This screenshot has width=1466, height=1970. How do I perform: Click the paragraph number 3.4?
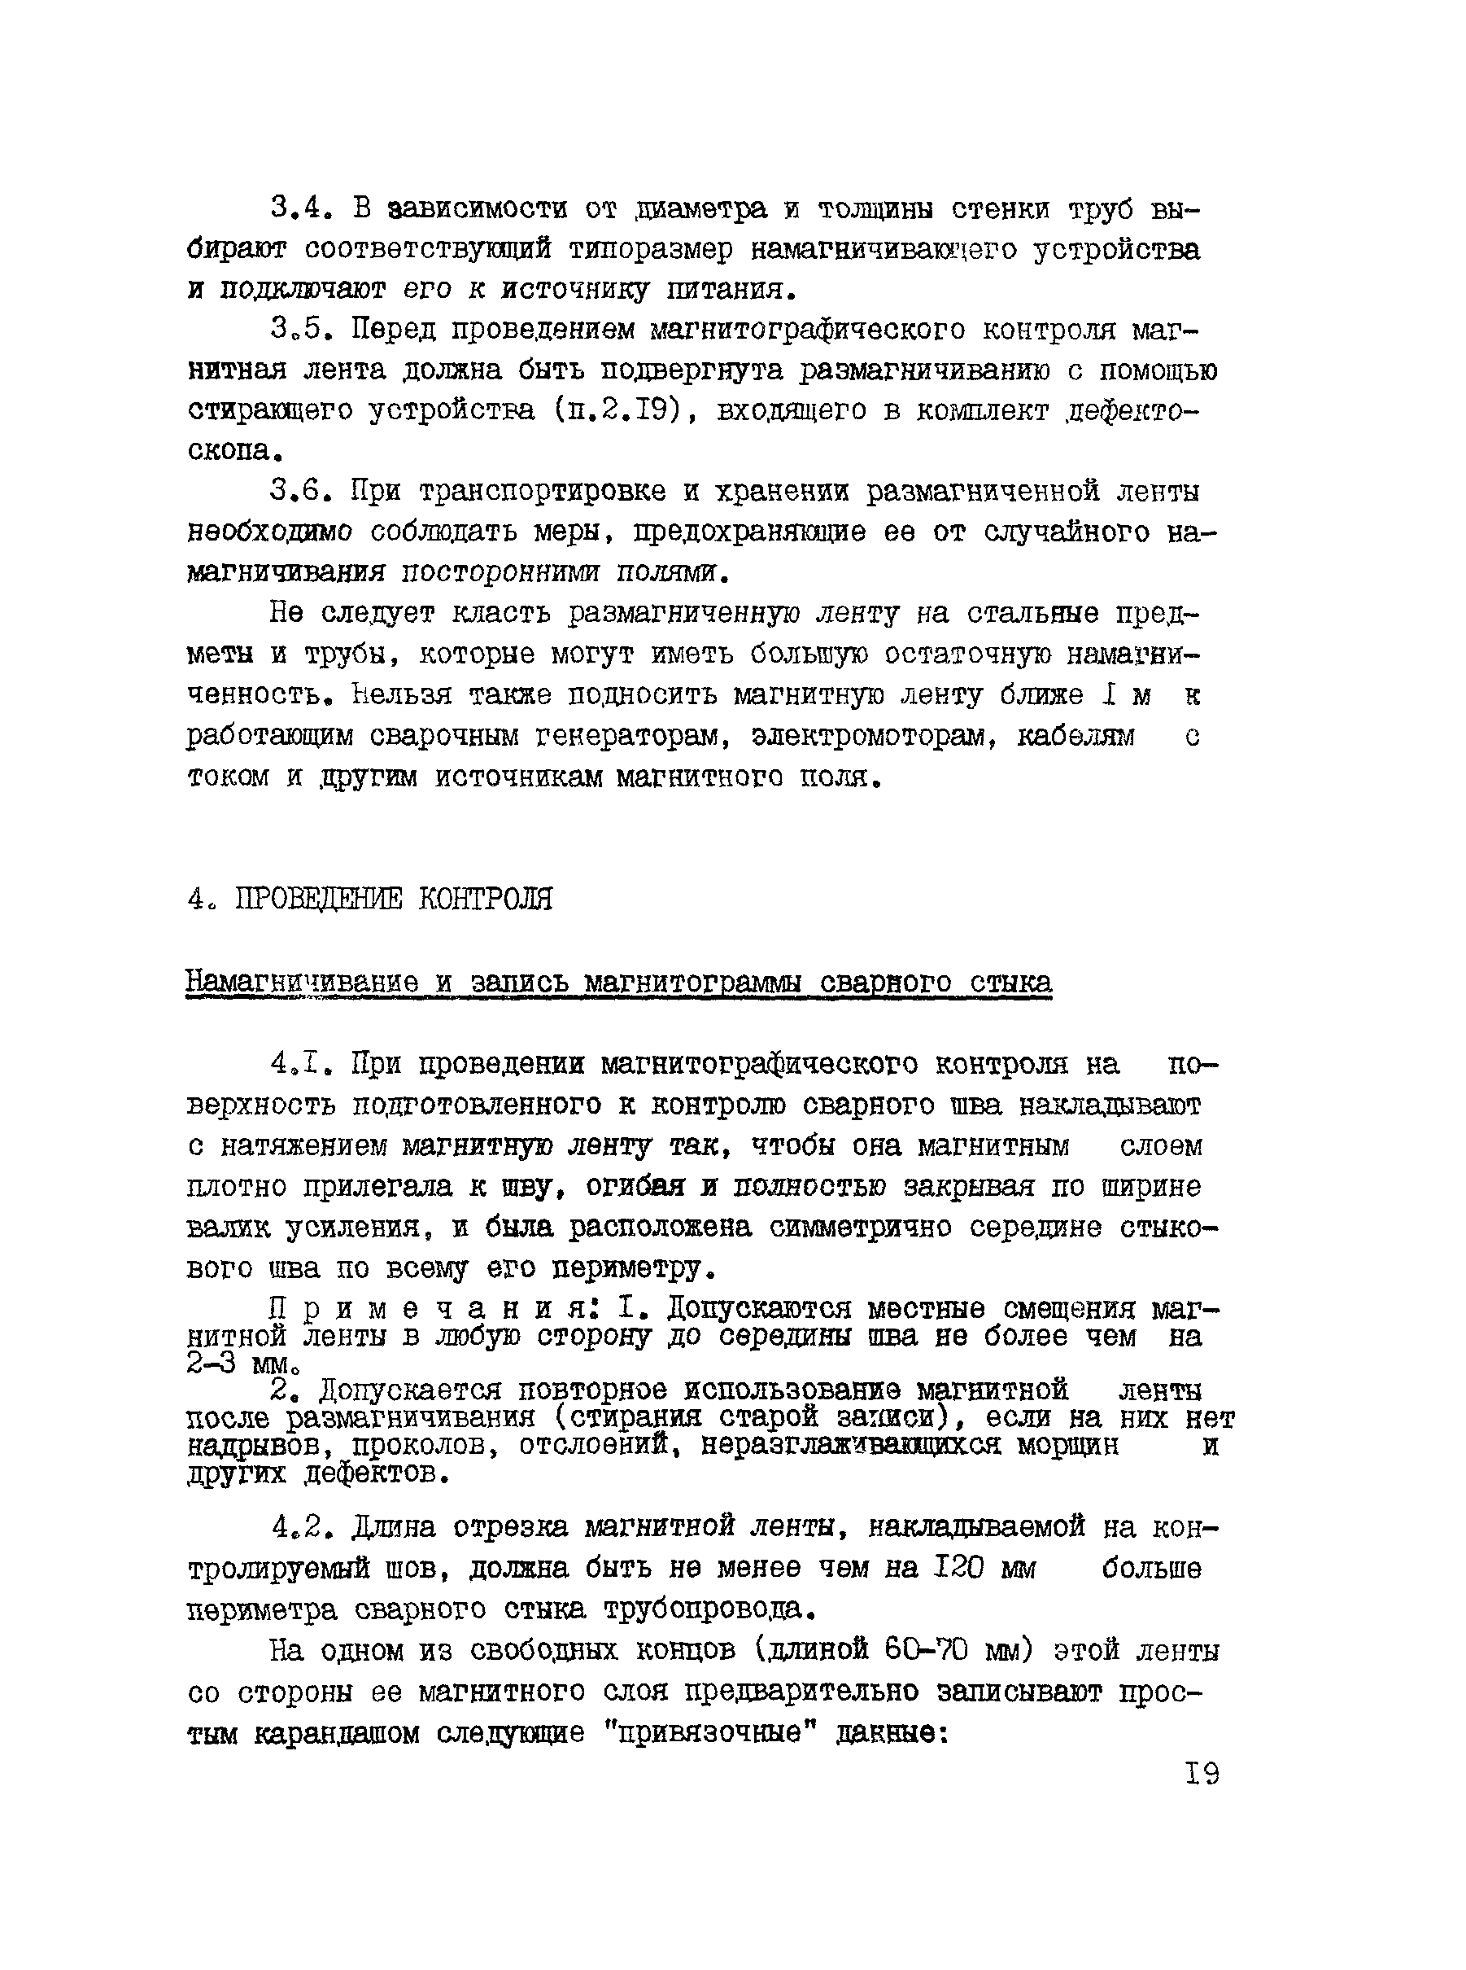point(301,208)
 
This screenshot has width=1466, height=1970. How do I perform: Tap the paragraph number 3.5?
point(301,331)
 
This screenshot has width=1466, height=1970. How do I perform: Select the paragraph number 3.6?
point(301,491)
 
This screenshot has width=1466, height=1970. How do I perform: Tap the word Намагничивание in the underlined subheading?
point(302,983)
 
